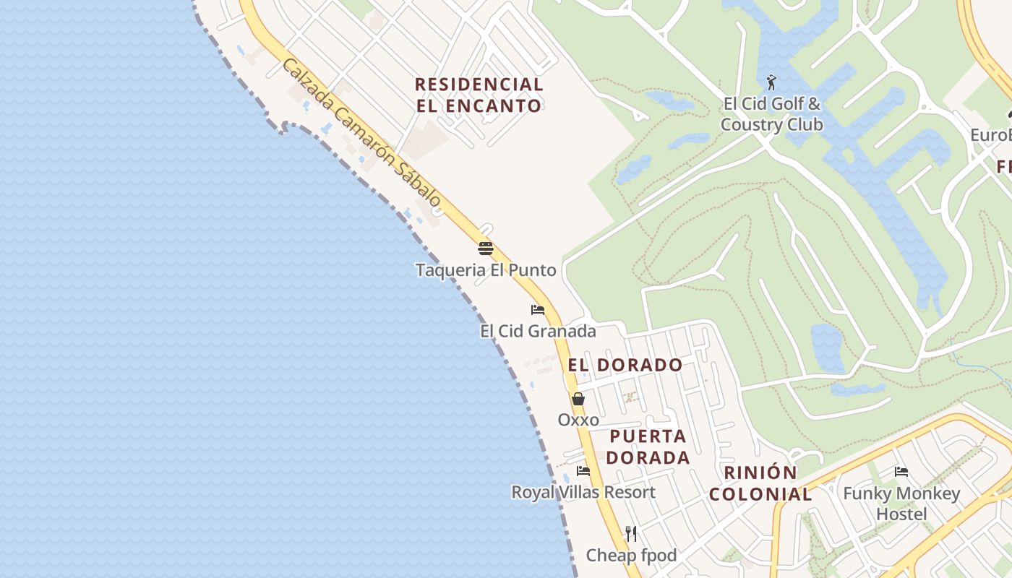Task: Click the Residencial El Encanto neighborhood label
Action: pyautogui.click(x=479, y=95)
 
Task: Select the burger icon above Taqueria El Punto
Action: pyautogui.click(x=486, y=249)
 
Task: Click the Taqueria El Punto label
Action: pyautogui.click(x=486, y=270)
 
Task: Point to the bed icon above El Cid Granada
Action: pyautogui.click(x=537, y=310)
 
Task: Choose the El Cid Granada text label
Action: pyautogui.click(x=538, y=331)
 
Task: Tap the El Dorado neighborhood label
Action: pyautogui.click(x=625, y=365)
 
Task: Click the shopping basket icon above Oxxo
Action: pyautogui.click(x=578, y=399)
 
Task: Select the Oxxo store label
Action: pyautogui.click(x=578, y=420)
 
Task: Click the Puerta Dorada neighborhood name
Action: pyautogui.click(x=648, y=447)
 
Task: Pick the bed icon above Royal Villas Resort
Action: pyautogui.click(x=583, y=471)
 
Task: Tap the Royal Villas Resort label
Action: pyautogui.click(x=583, y=492)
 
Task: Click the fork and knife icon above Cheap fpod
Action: pyautogui.click(x=631, y=534)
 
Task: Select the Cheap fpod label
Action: pyautogui.click(x=631, y=555)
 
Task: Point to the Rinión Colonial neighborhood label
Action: pyautogui.click(x=760, y=483)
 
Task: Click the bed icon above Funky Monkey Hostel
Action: pyautogui.click(x=901, y=472)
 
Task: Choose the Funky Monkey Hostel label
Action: pyautogui.click(x=901, y=504)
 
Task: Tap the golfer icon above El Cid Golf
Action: pyautogui.click(x=772, y=82)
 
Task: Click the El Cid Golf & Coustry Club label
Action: pyautogui.click(x=772, y=114)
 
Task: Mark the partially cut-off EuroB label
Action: pyautogui.click(x=990, y=135)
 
